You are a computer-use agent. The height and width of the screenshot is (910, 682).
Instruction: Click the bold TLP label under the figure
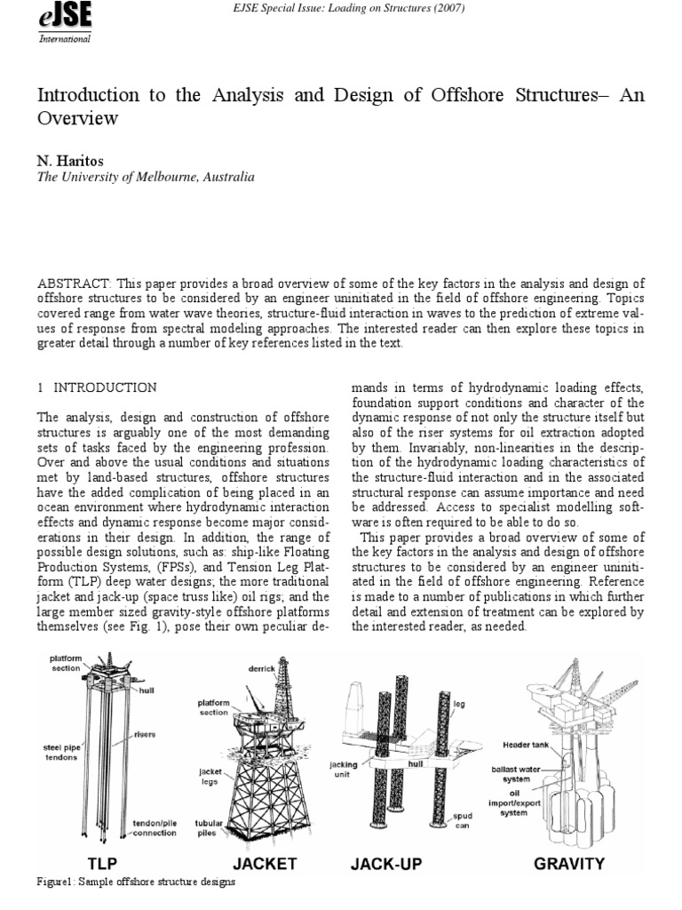[x=102, y=863]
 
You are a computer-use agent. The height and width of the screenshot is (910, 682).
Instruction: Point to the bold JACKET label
[x=264, y=863]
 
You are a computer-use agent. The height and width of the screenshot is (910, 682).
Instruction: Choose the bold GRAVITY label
[x=568, y=863]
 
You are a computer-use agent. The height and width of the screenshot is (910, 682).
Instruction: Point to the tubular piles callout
[x=210, y=827]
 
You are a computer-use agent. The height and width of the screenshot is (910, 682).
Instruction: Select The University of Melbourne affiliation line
[x=145, y=177]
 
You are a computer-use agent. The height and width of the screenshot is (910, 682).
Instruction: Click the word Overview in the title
[x=77, y=117]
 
